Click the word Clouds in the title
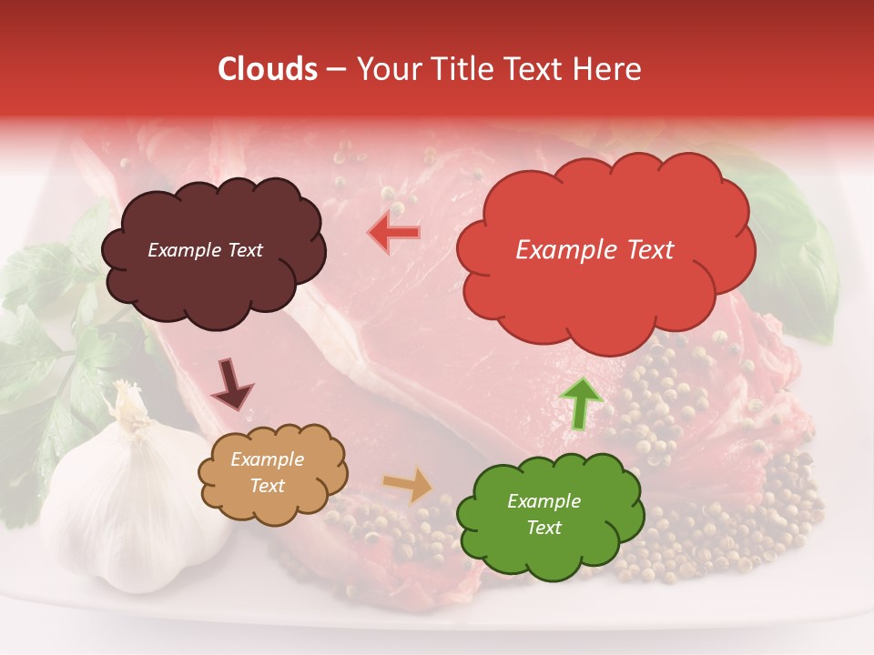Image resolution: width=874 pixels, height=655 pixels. pyautogui.click(x=268, y=69)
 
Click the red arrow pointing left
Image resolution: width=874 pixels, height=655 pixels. pyautogui.click(x=394, y=234)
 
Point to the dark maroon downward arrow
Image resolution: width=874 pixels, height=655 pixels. pyautogui.click(x=232, y=385)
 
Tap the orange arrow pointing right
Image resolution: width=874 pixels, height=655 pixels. pyautogui.click(x=410, y=485)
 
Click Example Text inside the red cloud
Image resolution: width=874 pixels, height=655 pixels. pyautogui.click(x=595, y=250)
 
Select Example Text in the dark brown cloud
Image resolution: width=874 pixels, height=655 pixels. pyautogui.click(x=205, y=250)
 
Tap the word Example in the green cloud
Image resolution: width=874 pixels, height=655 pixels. pyautogui.click(x=544, y=501)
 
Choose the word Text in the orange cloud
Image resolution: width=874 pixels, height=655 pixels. pyautogui.click(x=268, y=486)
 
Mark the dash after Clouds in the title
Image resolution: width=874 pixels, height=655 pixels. pyautogui.click(x=335, y=70)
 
